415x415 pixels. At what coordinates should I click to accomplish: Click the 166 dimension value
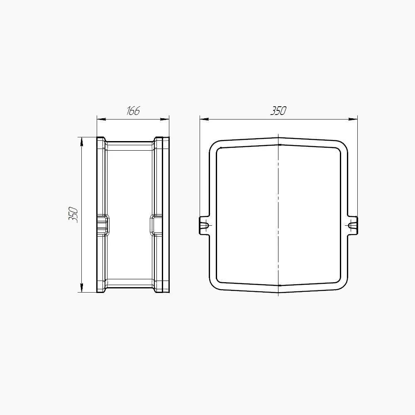133,111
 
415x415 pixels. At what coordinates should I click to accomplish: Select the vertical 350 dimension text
73,215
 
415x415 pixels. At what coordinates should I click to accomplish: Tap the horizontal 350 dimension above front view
278,111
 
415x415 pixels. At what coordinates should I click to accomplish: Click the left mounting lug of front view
204,225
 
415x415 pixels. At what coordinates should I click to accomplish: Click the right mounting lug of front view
352,225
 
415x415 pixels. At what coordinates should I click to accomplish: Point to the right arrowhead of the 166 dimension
165,120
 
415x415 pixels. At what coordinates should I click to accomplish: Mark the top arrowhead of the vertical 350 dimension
81,142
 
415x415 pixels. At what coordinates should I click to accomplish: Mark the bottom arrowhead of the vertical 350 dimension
81,288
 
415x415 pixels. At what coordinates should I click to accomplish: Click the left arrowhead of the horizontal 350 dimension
204,120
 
